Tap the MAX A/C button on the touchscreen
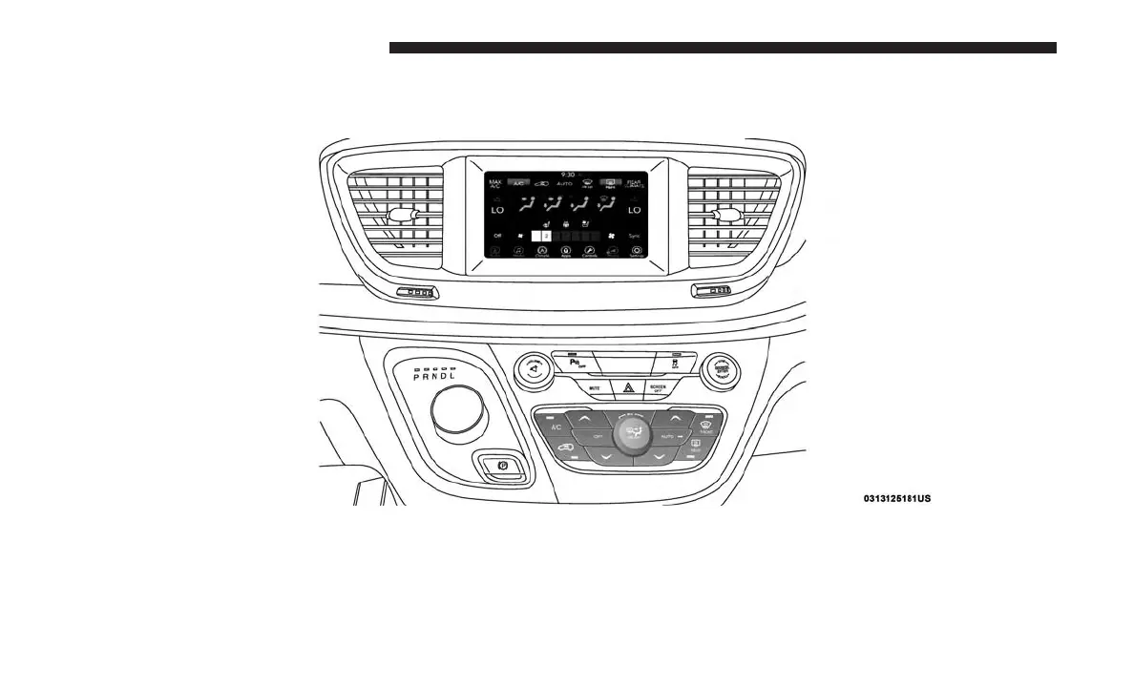(x=495, y=183)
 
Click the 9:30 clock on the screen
(x=568, y=175)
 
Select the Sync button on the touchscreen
(x=636, y=235)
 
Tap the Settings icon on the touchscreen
(x=637, y=252)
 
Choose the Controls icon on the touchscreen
(x=590, y=252)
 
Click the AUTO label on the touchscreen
(x=566, y=183)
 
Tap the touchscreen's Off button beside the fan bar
(x=496, y=235)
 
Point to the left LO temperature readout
(x=497, y=209)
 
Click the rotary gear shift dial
(x=458, y=411)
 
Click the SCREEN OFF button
(x=658, y=387)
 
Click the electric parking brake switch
(x=499, y=465)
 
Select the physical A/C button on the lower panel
(x=556, y=427)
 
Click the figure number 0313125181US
(x=896, y=498)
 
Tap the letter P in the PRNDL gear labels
(x=416, y=377)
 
